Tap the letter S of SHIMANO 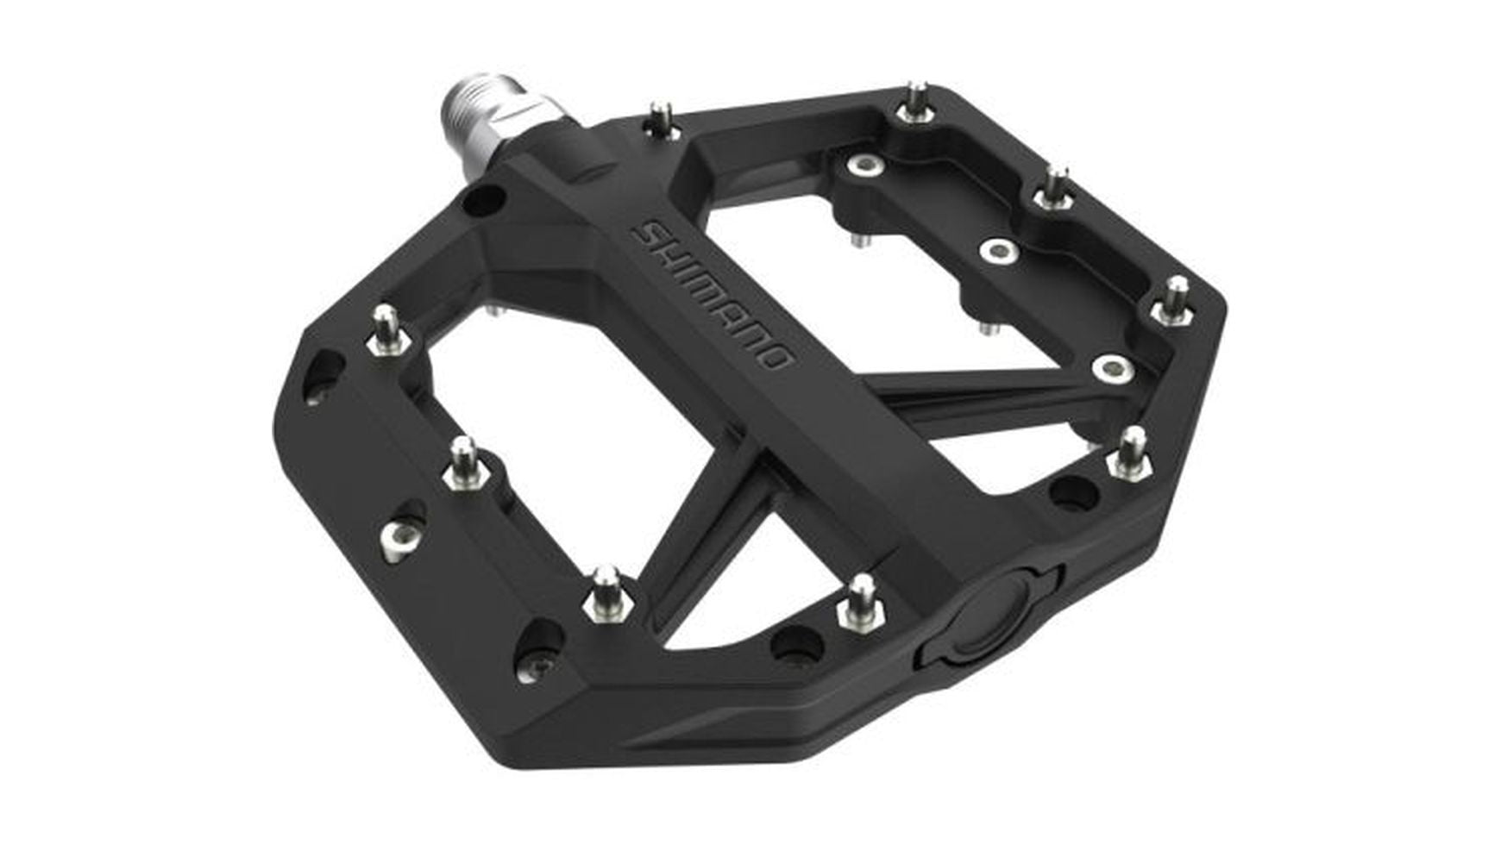coord(648,233)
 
